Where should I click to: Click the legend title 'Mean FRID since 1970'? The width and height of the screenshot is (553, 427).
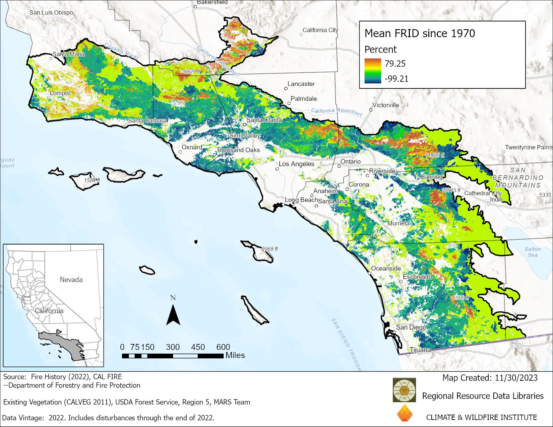420,33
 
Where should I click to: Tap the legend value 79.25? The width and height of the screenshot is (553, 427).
395,64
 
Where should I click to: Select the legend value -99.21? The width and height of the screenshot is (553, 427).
396,79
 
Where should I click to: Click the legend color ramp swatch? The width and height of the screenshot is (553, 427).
373,71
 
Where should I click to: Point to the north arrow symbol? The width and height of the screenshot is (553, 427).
173,315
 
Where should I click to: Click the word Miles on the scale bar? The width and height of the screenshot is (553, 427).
235,355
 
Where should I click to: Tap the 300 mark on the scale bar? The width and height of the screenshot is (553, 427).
173,347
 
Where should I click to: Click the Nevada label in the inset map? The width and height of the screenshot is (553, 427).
71,280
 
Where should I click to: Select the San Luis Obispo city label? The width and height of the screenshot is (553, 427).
51,13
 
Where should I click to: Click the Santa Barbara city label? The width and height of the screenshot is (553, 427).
147,121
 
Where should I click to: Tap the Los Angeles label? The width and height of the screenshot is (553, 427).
297,164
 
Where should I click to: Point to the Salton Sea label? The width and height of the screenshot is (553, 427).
533,252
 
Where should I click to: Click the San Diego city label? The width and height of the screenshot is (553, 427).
411,327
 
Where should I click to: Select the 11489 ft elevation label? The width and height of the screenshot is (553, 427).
435,155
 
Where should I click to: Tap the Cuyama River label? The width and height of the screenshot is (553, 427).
121,51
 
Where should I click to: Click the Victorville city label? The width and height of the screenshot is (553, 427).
386,105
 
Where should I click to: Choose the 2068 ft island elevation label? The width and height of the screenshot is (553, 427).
269,249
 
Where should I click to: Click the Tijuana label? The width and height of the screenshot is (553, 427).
420,350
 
